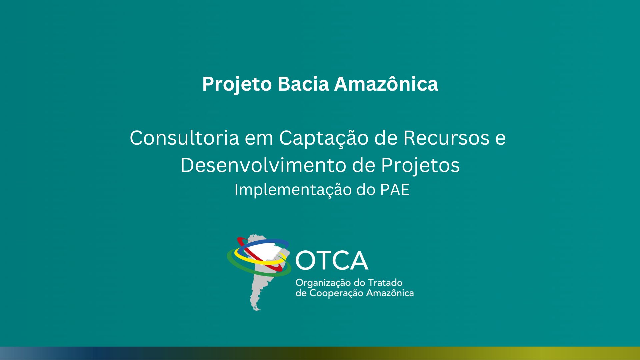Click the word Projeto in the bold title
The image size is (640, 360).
pos(237,84)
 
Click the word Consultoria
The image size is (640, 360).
pos(184,138)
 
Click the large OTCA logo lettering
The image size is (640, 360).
pos(332,261)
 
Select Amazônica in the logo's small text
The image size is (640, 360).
pos(390,293)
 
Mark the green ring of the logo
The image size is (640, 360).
pos(233,263)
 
